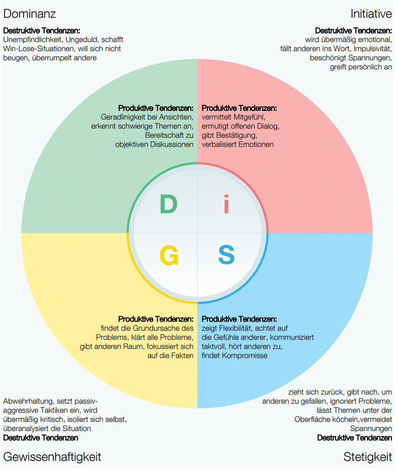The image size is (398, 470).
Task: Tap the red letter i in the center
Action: (x=226, y=205)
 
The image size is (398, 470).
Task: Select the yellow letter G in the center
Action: (x=169, y=255)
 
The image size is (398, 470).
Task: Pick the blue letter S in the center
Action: (x=226, y=255)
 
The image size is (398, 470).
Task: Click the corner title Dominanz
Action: (x=29, y=13)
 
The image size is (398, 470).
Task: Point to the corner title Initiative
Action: (x=371, y=13)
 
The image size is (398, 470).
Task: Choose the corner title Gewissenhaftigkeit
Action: (x=52, y=456)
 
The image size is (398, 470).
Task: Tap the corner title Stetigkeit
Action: (x=368, y=456)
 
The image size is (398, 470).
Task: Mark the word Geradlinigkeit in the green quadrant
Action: (x=124, y=117)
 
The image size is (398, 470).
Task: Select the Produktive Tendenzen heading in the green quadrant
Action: (x=156, y=108)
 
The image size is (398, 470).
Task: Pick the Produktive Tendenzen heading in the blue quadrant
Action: (x=239, y=319)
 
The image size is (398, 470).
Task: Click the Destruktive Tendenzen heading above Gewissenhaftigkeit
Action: (x=41, y=438)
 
